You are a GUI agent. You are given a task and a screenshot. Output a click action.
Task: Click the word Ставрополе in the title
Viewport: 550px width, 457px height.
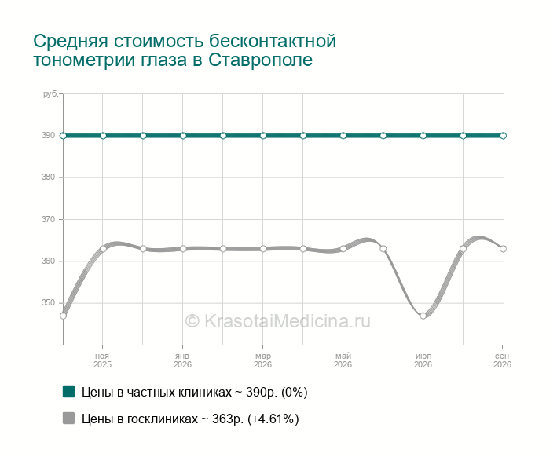pyautogui.click(x=260, y=60)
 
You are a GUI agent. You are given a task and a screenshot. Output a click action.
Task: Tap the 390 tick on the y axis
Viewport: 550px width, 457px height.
pyautogui.click(x=48, y=135)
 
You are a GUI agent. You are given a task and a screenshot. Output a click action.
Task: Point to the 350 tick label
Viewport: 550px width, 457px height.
pyautogui.click(x=48, y=302)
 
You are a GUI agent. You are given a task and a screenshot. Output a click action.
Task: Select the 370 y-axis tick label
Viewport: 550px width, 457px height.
pyautogui.click(x=48, y=219)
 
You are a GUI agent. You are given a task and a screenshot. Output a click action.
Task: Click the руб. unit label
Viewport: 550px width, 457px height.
pyautogui.click(x=50, y=94)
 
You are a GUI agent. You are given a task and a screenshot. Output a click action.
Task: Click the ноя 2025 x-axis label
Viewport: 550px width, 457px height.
pyautogui.click(x=102, y=360)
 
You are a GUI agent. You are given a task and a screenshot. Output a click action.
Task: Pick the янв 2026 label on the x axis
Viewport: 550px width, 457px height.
pyautogui.click(x=182, y=360)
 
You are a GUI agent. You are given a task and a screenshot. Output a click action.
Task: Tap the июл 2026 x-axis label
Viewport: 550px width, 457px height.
pyautogui.click(x=423, y=360)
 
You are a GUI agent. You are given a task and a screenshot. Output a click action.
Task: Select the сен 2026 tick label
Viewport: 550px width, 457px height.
pyautogui.click(x=502, y=360)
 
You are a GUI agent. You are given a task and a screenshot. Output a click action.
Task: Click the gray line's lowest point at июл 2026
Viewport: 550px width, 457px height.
pyautogui.click(x=423, y=316)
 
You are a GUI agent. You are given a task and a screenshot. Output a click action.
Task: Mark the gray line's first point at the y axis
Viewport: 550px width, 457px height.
pyautogui.click(x=63, y=316)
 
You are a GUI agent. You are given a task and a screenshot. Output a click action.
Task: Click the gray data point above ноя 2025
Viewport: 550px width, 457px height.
pyautogui.click(x=103, y=249)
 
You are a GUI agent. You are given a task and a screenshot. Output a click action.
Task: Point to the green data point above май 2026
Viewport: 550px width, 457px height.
pyautogui.click(x=343, y=136)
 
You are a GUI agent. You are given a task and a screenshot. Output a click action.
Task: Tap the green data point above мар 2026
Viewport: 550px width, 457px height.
pyautogui.click(x=263, y=136)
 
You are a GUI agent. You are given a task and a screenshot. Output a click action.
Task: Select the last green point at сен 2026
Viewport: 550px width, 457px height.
pyautogui.click(x=503, y=136)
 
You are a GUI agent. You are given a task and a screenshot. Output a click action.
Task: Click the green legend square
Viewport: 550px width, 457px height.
pyautogui.click(x=69, y=392)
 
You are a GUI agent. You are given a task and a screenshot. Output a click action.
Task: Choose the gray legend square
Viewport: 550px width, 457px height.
pyautogui.click(x=69, y=418)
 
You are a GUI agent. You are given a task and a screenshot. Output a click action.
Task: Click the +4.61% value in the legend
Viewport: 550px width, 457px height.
pyautogui.click(x=273, y=419)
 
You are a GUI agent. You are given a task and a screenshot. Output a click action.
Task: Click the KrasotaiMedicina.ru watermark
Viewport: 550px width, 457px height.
pyautogui.click(x=277, y=321)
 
